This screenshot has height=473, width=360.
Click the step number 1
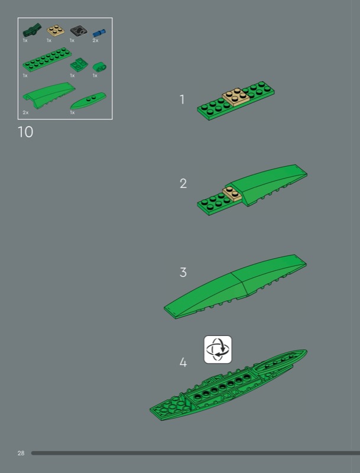click(x=182, y=99)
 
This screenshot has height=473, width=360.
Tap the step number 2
click(x=183, y=183)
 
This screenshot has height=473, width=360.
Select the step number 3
click(x=183, y=272)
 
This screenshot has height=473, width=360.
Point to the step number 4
click(x=183, y=362)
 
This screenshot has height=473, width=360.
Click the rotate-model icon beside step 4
click(x=218, y=349)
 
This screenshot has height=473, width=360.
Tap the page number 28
click(x=21, y=453)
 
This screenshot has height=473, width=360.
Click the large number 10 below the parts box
click(x=25, y=132)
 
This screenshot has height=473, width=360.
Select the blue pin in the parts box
click(x=99, y=33)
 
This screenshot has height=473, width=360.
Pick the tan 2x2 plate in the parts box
click(x=56, y=30)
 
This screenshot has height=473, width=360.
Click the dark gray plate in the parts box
click(x=79, y=31)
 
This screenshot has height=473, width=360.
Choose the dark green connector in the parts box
click(x=32, y=30)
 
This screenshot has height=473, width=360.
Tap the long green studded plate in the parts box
click(x=47, y=59)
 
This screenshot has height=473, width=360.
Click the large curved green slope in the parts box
click(x=49, y=95)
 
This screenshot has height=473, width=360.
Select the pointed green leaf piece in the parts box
click(x=88, y=101)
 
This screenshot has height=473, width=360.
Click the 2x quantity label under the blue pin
click(x=95, y=40)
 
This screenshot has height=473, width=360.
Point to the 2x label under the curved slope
click(x=25, y=112)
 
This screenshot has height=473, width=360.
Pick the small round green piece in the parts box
click(x=99, y=67)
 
